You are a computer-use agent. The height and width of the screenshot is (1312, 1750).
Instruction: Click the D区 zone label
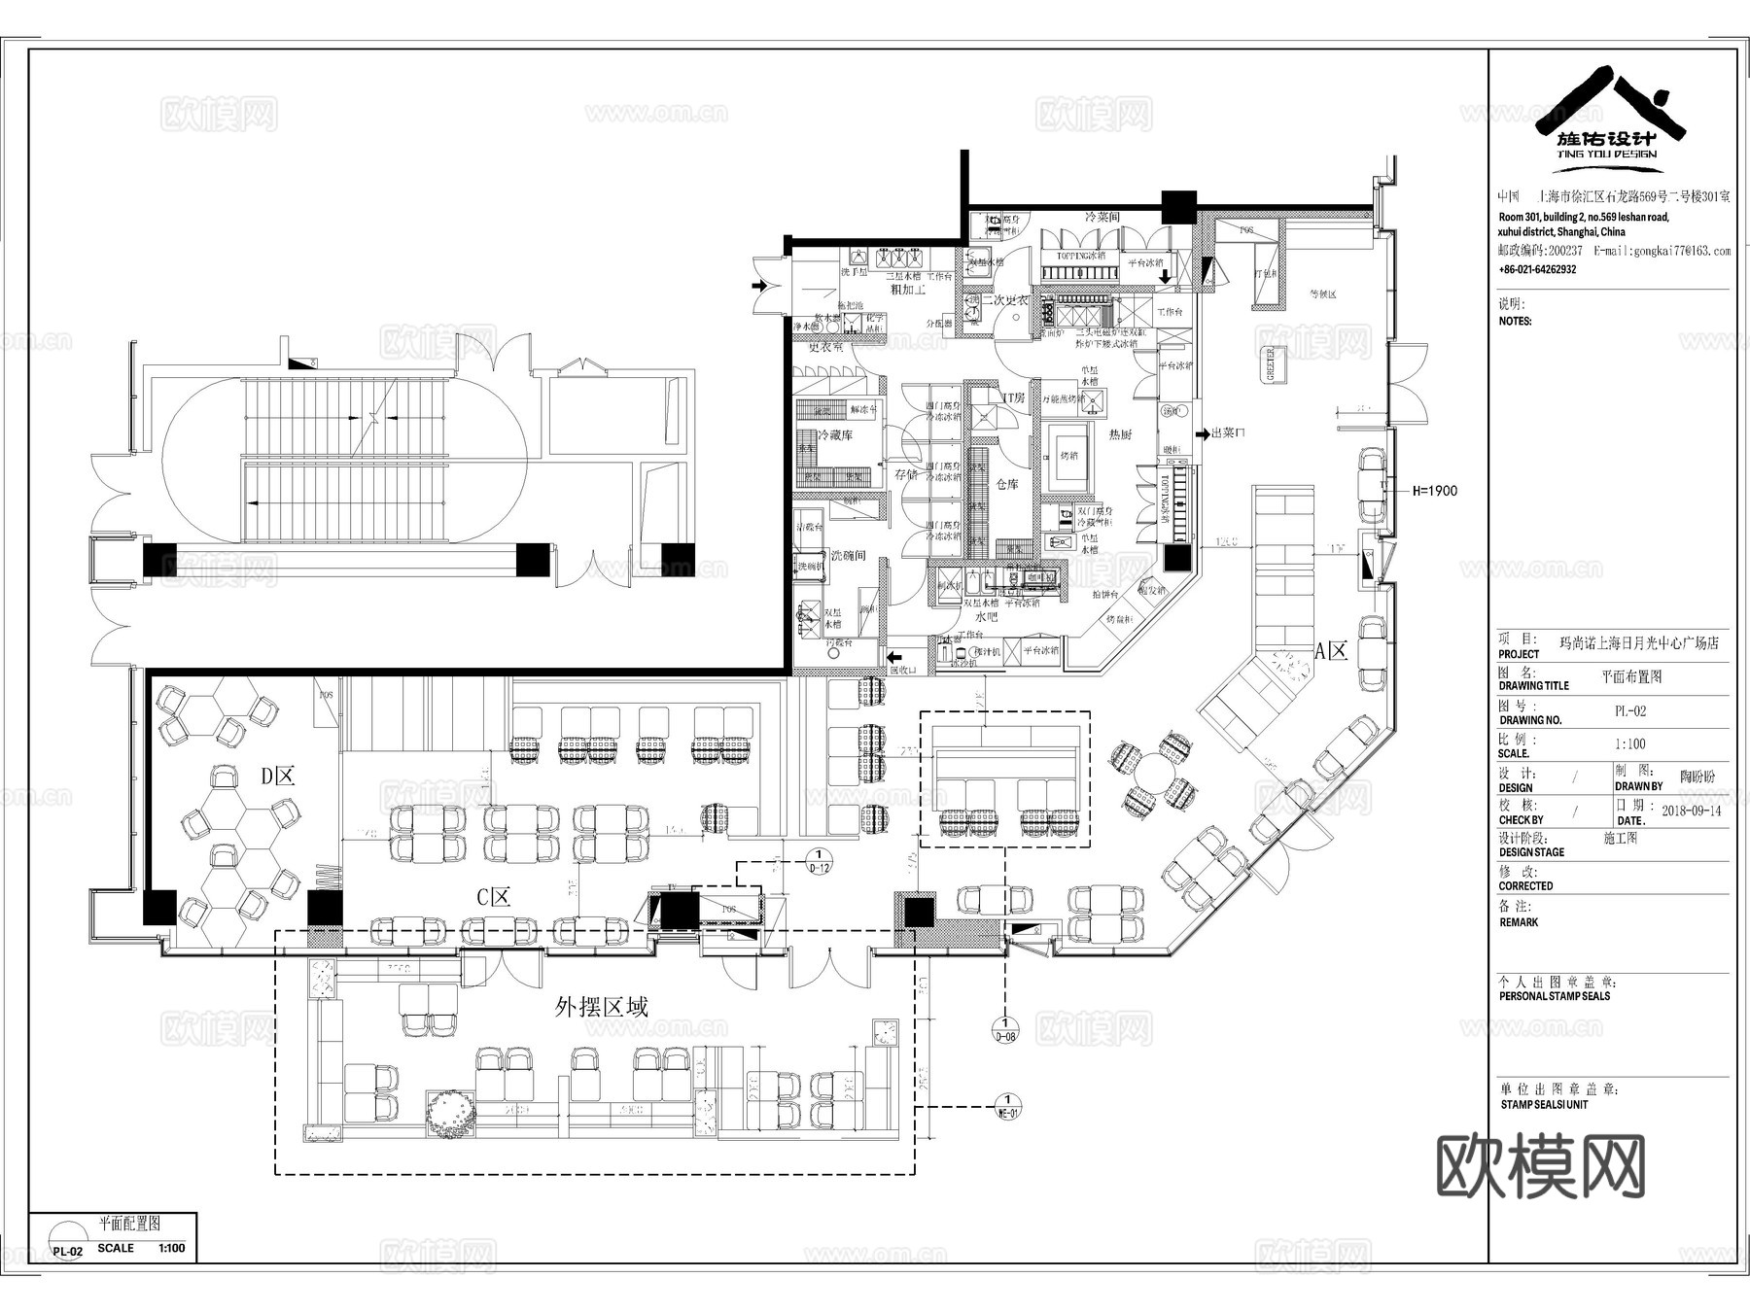click(x=277, y=776)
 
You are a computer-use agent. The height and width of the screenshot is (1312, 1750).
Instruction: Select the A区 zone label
click(x=1331, y=651)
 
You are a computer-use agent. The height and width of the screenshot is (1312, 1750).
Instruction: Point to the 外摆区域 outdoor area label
click(x=601, y=1007)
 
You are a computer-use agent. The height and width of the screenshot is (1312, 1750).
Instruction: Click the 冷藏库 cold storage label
click(x=834, y=435)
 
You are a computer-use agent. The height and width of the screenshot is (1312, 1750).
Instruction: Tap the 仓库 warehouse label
click(x=1006, y=483)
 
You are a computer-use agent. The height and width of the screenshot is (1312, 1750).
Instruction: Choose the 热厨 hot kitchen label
click(x=1120, y=434)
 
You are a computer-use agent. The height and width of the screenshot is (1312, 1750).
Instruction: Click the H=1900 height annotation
click(x=1435, y=491)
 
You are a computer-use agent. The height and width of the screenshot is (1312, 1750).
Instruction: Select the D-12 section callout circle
click(x=820, y=861)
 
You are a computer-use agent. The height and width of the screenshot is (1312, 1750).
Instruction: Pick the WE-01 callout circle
click(x=1008, y=1107)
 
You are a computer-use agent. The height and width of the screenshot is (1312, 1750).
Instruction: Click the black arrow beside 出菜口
click(x=1201, y=433)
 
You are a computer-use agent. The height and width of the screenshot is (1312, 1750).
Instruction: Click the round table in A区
click(x=1154, y=774)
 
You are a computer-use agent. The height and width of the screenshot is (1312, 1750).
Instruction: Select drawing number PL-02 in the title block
click(x=1630, y=711)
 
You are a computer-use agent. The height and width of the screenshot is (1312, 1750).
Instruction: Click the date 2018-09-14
click(x=1691, y=811)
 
